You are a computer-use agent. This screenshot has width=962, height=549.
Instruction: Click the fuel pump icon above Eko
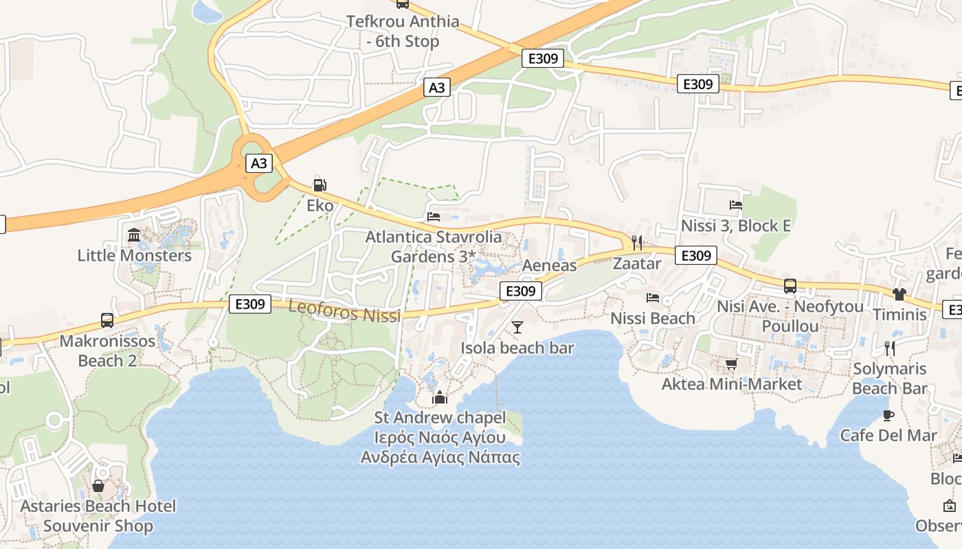point(320,185)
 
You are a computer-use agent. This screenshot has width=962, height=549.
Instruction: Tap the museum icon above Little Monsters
point(134,235)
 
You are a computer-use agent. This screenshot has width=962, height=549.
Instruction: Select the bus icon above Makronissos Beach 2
point(107,320)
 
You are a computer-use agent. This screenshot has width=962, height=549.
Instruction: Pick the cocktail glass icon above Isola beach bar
point(517,327)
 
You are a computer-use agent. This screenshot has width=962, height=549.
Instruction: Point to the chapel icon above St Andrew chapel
point(440,397)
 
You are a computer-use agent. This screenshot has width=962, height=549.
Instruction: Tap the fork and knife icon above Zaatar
point(636,242)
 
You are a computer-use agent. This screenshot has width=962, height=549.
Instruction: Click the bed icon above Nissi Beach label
point(653,298)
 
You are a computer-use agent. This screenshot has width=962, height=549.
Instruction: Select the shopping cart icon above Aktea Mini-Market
point(731,364)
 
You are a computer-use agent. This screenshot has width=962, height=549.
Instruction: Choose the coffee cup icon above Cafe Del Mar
point(888,415)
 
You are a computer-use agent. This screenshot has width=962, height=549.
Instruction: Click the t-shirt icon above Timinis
point(899,294)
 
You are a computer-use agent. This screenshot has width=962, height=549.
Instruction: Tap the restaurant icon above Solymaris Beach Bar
point(889,348)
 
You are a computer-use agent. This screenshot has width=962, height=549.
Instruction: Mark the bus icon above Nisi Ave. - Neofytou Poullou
point(790,286)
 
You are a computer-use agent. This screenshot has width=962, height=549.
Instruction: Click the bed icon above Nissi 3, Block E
point(735,205)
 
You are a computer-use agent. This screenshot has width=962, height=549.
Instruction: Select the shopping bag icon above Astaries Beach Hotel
point(98,486)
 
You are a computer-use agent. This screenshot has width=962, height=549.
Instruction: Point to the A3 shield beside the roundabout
point(259,163)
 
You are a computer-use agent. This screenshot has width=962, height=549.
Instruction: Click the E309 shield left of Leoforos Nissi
point(250,304)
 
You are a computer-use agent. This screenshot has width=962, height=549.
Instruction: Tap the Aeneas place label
point(549,266)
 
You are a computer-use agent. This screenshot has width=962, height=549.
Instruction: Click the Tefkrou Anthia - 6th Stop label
point(403,31)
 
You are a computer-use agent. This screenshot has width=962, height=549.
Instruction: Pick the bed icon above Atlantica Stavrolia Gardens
point(434,216)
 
